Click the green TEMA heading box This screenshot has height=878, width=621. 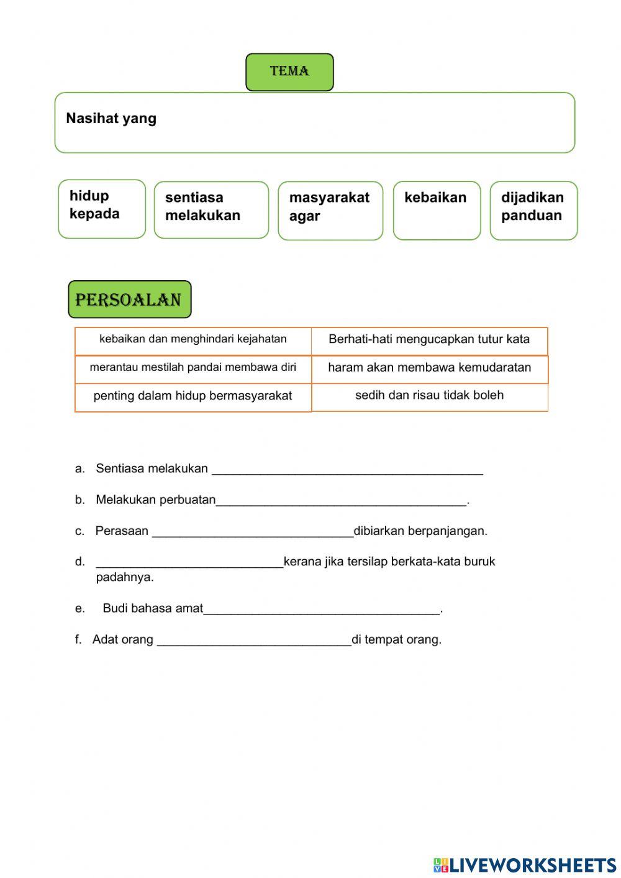coord(289,72)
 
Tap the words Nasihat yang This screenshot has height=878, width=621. coord(111,119)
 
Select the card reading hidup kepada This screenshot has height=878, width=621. coord(101,209)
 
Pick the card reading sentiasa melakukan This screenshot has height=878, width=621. coord(211,210)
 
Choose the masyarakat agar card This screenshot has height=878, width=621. coord(330,211)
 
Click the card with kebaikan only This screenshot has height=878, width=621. coord(437,210)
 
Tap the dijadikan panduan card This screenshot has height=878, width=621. coord(533,210)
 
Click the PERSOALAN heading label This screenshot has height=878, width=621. coord(129,300)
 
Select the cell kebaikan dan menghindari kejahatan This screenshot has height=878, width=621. coord(193,340)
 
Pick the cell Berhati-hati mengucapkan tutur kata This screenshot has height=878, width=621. coord(429,340)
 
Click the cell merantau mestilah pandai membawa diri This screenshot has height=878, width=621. coord(193,368)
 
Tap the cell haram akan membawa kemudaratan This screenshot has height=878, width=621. coord(429,368)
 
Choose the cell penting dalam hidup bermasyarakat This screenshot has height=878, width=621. coord(193,396)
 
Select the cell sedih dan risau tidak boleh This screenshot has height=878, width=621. coord(429,396)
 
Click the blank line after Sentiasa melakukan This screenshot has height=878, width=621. coord(347,470)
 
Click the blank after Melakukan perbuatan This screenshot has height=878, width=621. coord(341,501)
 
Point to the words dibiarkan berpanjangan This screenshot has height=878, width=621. coord(420,531)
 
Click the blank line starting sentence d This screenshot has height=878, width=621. coord(189,562)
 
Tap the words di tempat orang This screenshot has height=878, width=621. coord(396,639)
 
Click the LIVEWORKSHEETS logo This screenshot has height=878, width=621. coord(525,864)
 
